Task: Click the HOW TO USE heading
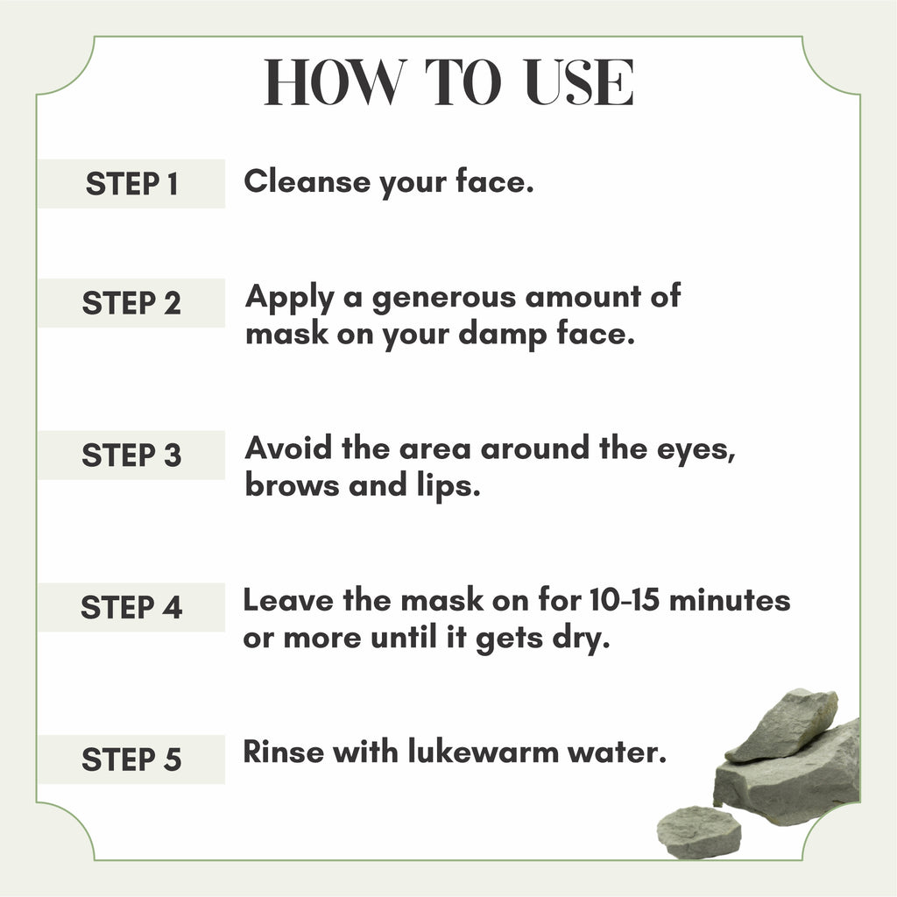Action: pyautogui.click(x=448, y=84)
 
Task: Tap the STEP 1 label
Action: pyautogui.click(x=131, y=184)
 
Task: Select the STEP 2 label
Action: pyautogui.click(x=131, y=303)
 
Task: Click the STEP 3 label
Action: pyautogui.click(x=131, y=456)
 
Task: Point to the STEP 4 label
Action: pyautogui.click(x=131, y=608)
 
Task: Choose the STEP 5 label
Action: pyautogui.click(x=131, y=759)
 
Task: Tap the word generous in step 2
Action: pyautogui.click(x=444, y=298)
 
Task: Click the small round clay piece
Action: pyautogui.click(x=699, y=830)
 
